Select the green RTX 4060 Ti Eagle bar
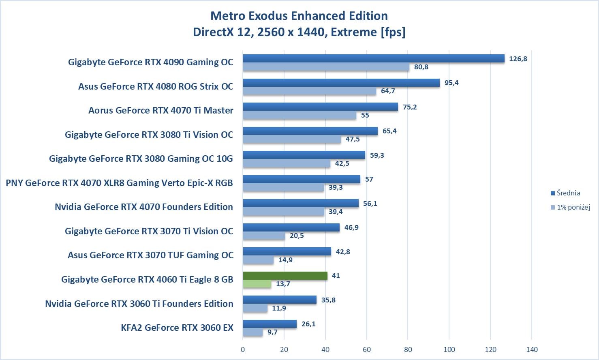click(285, 276)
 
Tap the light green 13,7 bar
click(257, 284)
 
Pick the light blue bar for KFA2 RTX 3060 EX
click(253, 332)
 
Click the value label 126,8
click(518, 59)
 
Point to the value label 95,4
click(451, 83)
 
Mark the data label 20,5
click(297, 236)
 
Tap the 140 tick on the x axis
click(532, 349)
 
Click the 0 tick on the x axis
click(243, 349)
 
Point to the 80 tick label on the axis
click(408, 349)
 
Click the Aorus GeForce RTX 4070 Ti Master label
click(160, 110)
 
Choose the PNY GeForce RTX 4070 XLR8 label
click(119, 183)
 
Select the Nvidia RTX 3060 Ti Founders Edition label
click(139, 304)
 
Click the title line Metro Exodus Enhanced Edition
click(299, 16)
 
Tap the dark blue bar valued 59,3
click(304, 155)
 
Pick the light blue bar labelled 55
click(299, 115)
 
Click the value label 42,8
click(342, 252)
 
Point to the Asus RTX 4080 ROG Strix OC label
click(156, 86)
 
